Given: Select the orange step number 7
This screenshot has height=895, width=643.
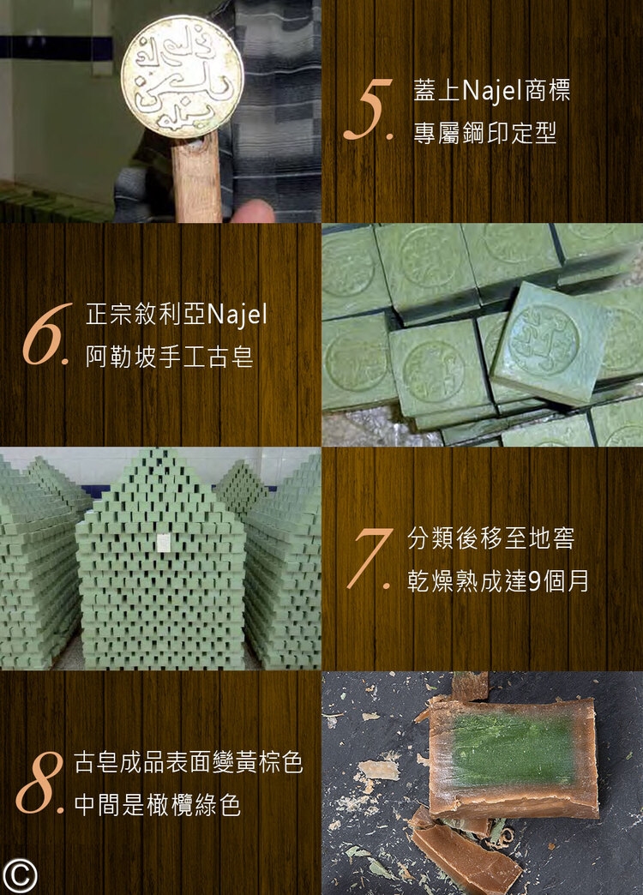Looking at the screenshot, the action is pyautogui.click(x=370, y=558).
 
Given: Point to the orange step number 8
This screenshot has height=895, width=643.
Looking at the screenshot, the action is pyautogui.click(x=39, y=782).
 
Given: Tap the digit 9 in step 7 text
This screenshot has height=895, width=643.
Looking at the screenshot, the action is pyautogui.click(x=534, y=581).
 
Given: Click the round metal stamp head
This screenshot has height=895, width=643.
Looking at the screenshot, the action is pyautogui.click(x=182, y=76).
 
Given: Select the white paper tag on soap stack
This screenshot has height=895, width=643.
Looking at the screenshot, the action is pyautogui.click(x=164, y=543).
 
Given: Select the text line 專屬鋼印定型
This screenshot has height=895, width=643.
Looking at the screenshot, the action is pyautogui.click(x=484, y=134).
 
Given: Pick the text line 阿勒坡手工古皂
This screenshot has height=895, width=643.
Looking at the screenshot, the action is pyautogui.click(x=170, y=357).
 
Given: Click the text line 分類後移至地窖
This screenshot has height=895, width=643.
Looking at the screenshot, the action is pyautogui.click(x=490, y=538).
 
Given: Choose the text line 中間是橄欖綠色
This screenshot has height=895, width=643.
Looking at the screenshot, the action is pyautogui.click(x=158, y=805).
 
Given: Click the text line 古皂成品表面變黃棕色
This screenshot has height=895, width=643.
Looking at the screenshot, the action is pyautogui.click(x=189, y=762).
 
